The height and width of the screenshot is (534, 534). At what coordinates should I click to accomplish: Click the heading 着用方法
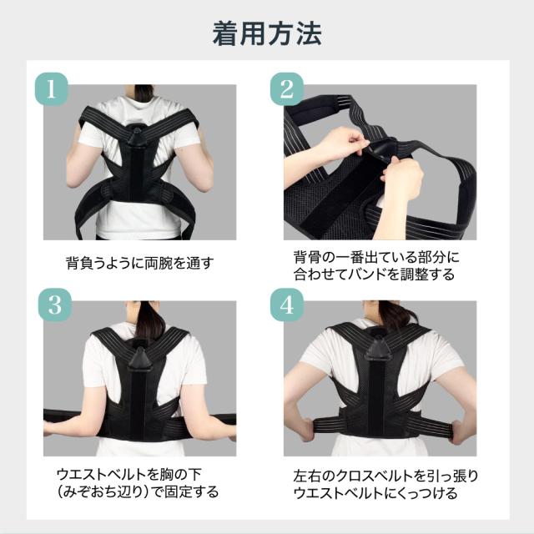[267, 33]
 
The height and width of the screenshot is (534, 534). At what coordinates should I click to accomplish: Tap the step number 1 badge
[52, 89]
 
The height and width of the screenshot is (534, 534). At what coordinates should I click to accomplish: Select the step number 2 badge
[287, 89]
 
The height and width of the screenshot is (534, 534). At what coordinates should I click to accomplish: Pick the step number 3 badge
[54, 305]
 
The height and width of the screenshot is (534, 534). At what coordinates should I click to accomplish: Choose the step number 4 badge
[287, 305]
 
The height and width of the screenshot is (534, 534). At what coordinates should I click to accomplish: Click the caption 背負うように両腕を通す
[140, 264]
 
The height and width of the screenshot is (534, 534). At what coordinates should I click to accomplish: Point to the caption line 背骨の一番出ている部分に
[376, 258]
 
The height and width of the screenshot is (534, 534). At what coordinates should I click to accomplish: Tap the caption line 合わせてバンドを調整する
[374, 275]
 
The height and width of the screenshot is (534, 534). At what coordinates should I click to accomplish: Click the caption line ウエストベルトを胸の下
[129, 474]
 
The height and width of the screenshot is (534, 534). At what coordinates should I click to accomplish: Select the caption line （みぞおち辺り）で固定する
[138, 491]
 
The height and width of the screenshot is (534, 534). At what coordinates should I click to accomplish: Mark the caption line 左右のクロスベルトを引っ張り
[385, 476]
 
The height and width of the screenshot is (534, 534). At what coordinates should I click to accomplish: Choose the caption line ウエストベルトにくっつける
[375, 493]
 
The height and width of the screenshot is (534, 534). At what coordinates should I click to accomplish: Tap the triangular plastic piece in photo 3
[140, 360]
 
